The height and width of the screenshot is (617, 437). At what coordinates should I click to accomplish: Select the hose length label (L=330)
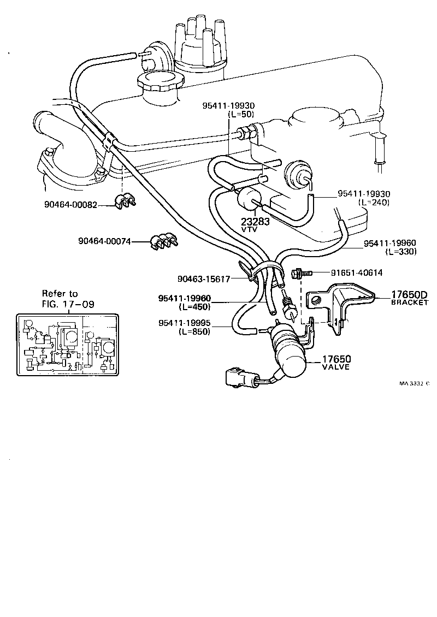(x=400, y=252)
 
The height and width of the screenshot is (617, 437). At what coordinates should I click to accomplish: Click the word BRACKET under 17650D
(x=410, y=303)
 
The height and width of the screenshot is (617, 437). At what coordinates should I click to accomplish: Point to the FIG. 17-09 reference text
(x=68, y=304)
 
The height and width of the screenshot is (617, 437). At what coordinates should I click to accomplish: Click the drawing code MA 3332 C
(x=414, y=383)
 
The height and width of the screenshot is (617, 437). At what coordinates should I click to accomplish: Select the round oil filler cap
(x=159, y=86)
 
